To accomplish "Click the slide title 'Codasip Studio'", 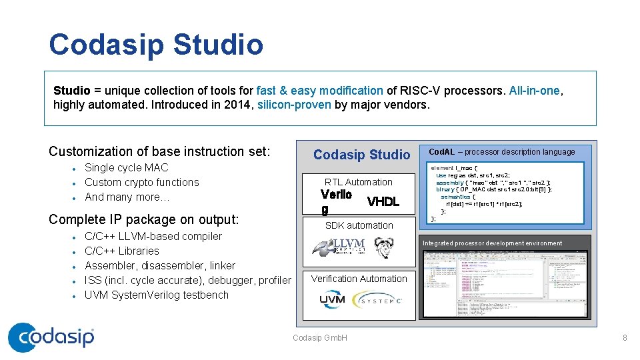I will point(156,45).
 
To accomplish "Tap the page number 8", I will point(625,338).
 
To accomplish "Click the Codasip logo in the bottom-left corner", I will point(51,337).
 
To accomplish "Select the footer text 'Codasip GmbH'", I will point(320,338).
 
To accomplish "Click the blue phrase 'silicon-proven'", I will point(294,105).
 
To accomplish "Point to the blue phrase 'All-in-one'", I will point(535,91).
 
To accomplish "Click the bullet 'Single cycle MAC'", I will point(127,167).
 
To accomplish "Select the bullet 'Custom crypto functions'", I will point(142,182).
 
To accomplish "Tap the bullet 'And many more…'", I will point(128,197).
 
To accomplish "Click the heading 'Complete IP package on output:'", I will point(144,219).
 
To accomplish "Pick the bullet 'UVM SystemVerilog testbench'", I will point(157,295).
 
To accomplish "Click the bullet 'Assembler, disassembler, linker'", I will point(160,265).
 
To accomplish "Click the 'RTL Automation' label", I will point(359,182).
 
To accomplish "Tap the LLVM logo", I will point(339,247).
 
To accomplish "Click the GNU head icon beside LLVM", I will point(383,247).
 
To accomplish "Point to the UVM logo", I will point(333,300).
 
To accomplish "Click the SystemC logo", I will point(377,301).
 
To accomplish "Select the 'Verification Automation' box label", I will point(359,279).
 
